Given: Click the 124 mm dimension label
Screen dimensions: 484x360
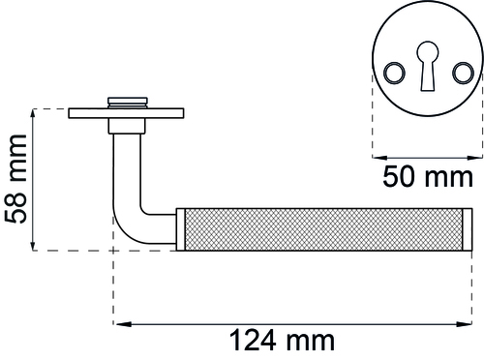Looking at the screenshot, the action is (x=282, y=340).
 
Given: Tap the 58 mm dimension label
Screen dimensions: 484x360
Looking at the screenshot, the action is (x=15, y=179).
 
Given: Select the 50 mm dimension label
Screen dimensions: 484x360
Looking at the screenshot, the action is (x=428, y=177).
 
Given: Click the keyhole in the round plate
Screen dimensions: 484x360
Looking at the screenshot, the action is (x=428, y=66).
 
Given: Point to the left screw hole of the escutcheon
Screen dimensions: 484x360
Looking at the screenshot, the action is (x=394, y=73).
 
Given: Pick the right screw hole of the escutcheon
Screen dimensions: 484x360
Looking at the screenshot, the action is (x=464, y=73).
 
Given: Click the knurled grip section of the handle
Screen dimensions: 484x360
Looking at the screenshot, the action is (x=323, y=229).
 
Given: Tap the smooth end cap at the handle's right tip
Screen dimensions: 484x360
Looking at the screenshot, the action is (x=468, y=229).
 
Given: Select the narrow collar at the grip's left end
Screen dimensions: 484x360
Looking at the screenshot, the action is (x=180, y=229).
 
